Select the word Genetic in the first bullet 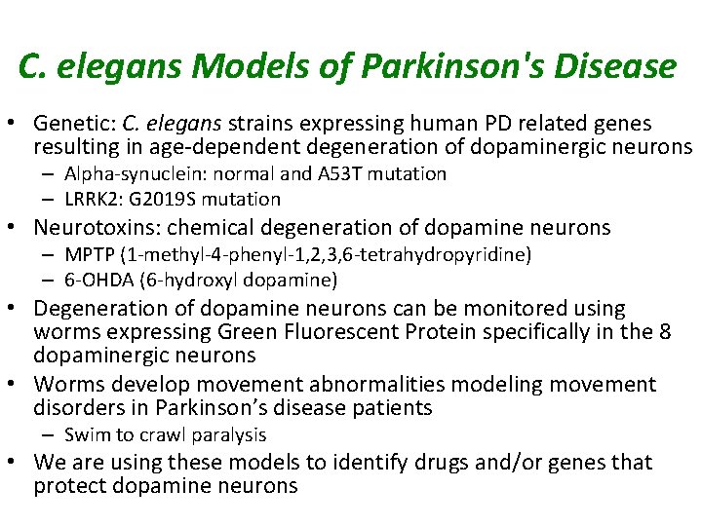tap(74, 124)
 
